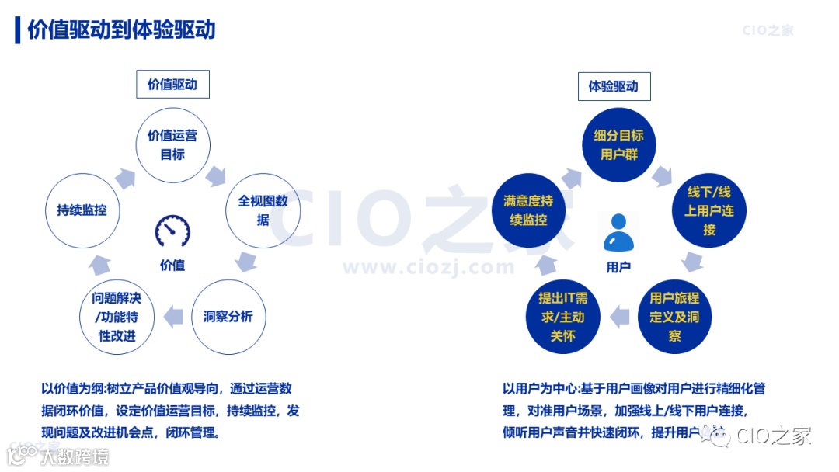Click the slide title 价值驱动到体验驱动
(x=121, y=29)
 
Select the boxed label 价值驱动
(x=172, y=85)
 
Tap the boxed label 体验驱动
(x=614, y=86)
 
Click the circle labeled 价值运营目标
(x=172, y=144)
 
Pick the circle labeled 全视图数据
(x=263, y=210)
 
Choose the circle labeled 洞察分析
(x=228, y=317)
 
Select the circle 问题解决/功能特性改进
(x=117, y=317)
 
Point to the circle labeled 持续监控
(x=82, y=210)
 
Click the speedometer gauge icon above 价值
(x=172, y=231)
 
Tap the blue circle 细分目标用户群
(x=619, y=144)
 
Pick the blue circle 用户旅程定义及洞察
(x=674, y=317)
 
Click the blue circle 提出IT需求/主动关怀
(x=563, y=317)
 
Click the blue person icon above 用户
(x=618, y=232)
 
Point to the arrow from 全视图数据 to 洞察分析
(x=247, y=261)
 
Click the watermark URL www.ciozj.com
(x=429, y=268)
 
